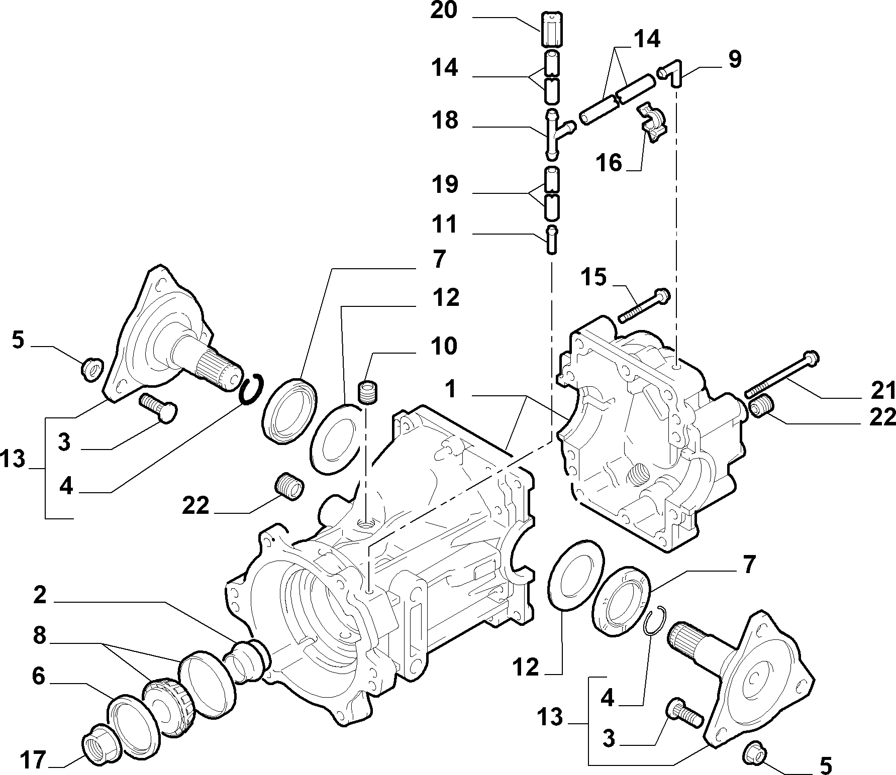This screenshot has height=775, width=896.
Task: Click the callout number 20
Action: [444, 11]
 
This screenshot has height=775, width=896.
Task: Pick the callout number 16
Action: [609, 163]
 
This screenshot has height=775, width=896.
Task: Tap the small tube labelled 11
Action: [551, 240]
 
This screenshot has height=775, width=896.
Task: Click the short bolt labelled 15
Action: [643, 304]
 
